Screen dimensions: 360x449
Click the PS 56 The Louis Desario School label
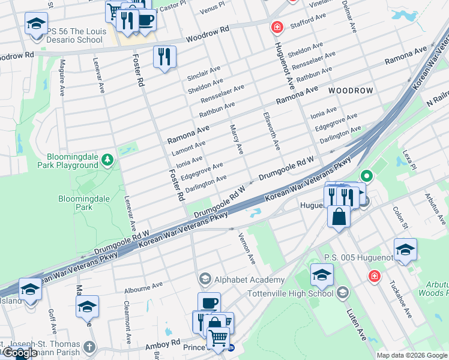(x=76, y=35)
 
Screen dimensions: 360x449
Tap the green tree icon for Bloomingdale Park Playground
(x=107, y=159)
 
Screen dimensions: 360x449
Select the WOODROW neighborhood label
(x=351, y=90)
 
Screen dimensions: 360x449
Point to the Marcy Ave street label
(x=236, y=139)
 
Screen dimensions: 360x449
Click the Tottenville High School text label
(x=291, y=294)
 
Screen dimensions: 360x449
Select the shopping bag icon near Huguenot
(x=339, y=217)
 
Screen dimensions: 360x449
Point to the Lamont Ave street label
(x=188, y=148)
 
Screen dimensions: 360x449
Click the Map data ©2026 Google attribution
(x=411, y=355)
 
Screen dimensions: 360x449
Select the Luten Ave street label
(x=357, y=325)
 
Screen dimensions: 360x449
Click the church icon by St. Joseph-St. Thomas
(x=89, y=347)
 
